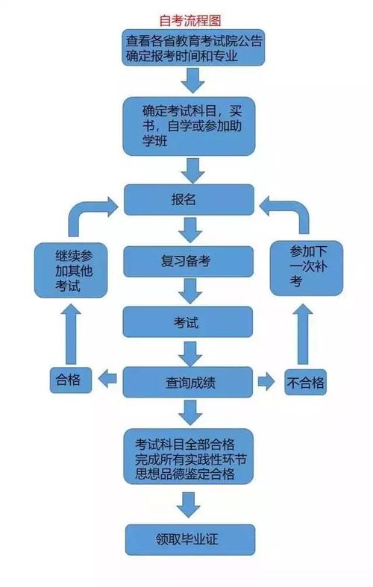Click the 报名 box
[191, 201]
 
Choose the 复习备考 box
[191, 262]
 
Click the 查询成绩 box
[191, 383]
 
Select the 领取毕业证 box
[191, 536]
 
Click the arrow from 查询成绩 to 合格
[110, 380]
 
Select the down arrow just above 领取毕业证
[191, 504]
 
